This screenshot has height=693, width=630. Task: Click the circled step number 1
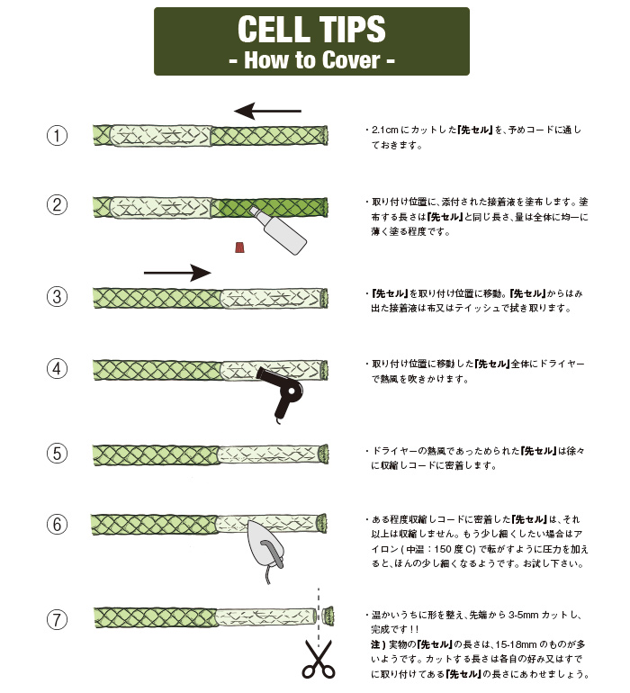pos(57,135)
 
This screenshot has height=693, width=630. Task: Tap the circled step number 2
pos(57,205)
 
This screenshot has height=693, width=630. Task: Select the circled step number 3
pos(57,296)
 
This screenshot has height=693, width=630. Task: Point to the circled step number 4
pos(57,369)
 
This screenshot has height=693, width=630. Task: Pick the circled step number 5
pos(57,454)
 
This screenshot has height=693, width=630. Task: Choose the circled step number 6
pos(57,525)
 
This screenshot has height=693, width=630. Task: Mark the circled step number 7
pos(57,619)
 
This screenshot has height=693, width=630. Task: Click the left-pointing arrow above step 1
pos(267,111)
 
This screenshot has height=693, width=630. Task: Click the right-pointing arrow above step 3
pos(177,273)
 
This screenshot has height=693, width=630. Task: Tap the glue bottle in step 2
pos(278,230)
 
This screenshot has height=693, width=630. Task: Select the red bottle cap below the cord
pos(240,247)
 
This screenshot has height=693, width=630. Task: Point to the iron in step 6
pos(265,546)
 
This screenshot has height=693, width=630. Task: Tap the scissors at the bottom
pos(318,659)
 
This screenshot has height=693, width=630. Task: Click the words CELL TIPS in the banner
pos(311,29)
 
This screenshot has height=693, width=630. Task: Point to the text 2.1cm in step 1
pos(384,130)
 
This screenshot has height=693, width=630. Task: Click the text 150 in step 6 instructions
pos(443,549)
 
